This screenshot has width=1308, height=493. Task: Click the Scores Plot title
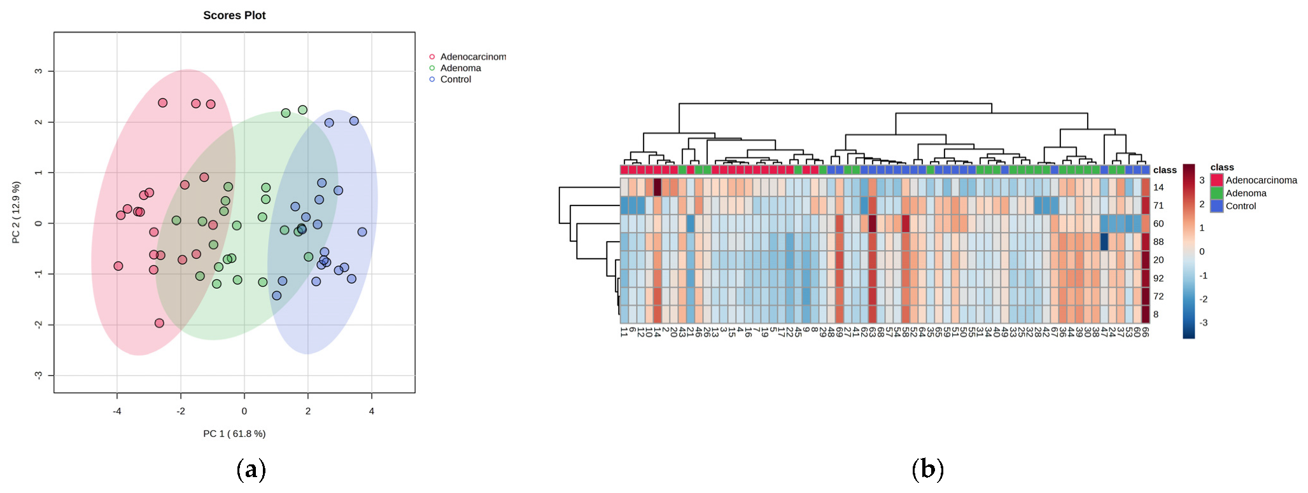click(234, 15)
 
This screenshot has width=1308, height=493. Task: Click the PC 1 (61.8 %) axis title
click(234, 434)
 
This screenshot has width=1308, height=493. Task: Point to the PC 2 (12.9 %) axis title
click(16, 212)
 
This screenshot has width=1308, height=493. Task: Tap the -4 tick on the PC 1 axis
click(117, 411)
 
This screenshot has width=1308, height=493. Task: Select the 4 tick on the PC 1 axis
click(372, 411)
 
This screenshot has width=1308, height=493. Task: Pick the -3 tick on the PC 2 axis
click(39, 375)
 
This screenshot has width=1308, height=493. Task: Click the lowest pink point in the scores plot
click(159, 323)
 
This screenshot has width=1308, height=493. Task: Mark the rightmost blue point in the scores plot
click(362, 232)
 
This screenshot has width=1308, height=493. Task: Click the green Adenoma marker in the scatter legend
click(432, 68)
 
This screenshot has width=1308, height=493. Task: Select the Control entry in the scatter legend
click(455, 80)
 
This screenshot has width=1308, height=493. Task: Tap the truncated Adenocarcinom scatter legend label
click(472, 57)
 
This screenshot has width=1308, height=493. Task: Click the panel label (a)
click(251, 469)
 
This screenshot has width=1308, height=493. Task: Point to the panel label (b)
click(927, 469)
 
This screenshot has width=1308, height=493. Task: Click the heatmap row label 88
click(1158, 242)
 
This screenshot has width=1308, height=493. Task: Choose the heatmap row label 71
click(1158, 205)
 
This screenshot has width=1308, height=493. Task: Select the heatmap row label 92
click(1158, 278)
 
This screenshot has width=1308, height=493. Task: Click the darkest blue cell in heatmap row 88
click(1104, 242)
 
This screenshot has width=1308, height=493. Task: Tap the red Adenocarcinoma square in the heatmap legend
click(1217, 181)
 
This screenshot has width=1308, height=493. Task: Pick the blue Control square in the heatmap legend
click(1217, 206)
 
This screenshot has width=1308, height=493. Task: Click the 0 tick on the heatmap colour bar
click(1202, 252)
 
